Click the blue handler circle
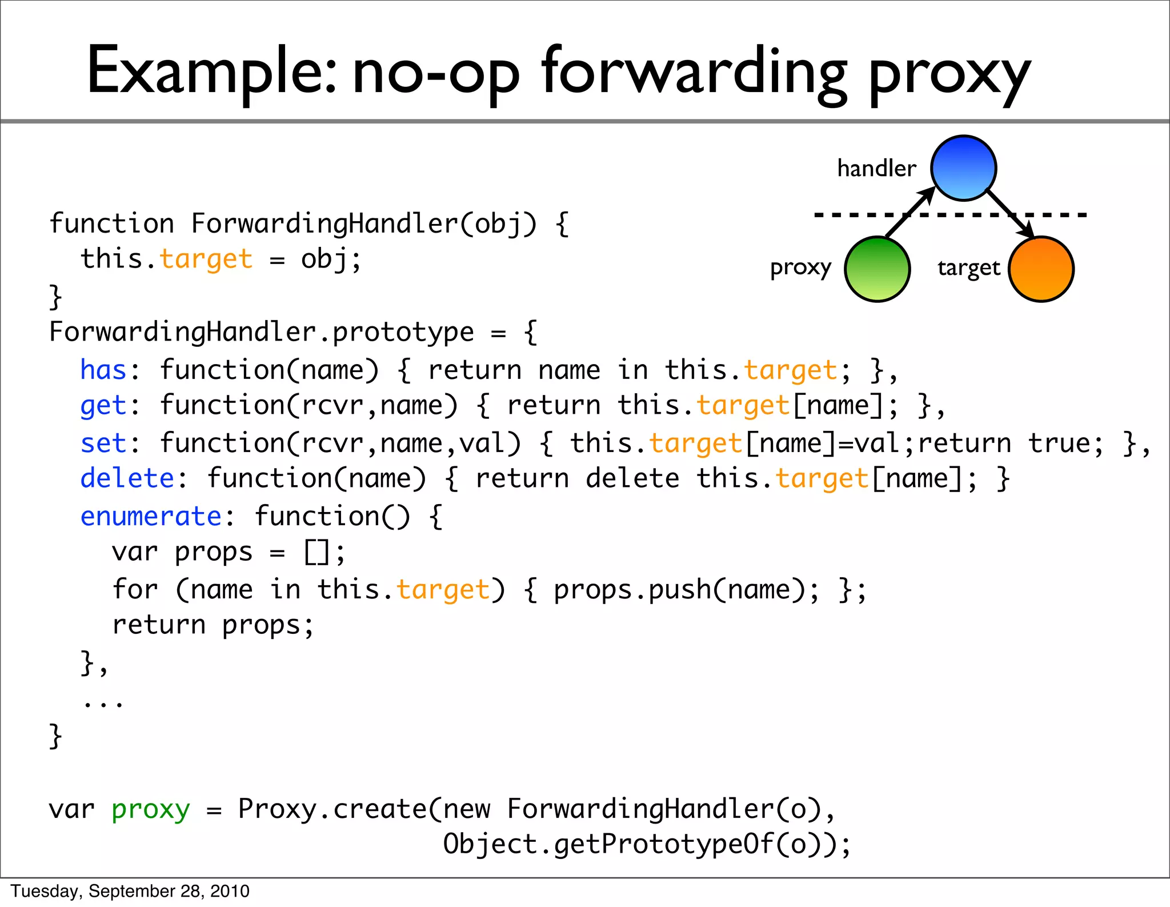click(x=963, y=168)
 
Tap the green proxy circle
click(x=877, y=269)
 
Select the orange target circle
click(x=1041, y=269)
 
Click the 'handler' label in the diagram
click(x=876, y=169)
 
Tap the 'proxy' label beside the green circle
click(x=800, y=268)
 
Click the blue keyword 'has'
click(x=103, y=370)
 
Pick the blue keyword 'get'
click(x=103, y=406)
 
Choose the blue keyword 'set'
click(x=103, y=443)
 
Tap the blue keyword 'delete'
click(x=127, y=478)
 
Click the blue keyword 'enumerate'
click(x=151, y=517)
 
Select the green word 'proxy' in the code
click(x=151, y=810)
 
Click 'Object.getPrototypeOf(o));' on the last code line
click(x=647, y=845)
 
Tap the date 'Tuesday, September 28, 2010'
click(x=130, y=891)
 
